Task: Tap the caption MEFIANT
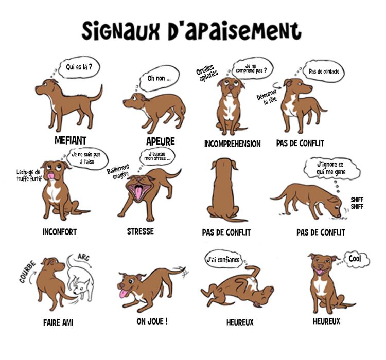70,140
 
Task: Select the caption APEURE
160,141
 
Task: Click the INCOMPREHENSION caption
232,144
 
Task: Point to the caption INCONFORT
60,232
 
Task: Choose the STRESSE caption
140,231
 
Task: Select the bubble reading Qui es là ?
79,66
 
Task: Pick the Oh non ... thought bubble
159,79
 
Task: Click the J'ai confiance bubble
223,260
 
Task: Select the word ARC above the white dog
83,257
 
